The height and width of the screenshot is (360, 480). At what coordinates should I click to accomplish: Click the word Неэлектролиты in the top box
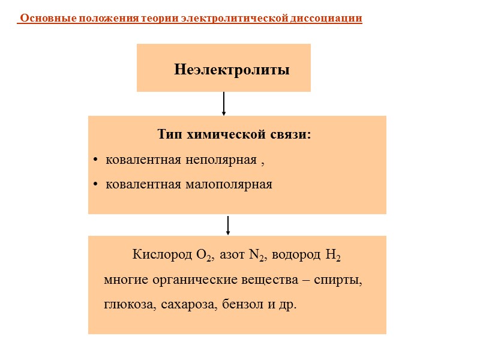[x=232, y=70]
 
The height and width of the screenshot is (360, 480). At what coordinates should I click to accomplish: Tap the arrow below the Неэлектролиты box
[x=224, y=104]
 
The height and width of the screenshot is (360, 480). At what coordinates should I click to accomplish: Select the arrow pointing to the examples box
[x=228, y=226]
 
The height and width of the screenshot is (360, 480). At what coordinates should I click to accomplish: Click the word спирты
[x=344, y=280]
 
